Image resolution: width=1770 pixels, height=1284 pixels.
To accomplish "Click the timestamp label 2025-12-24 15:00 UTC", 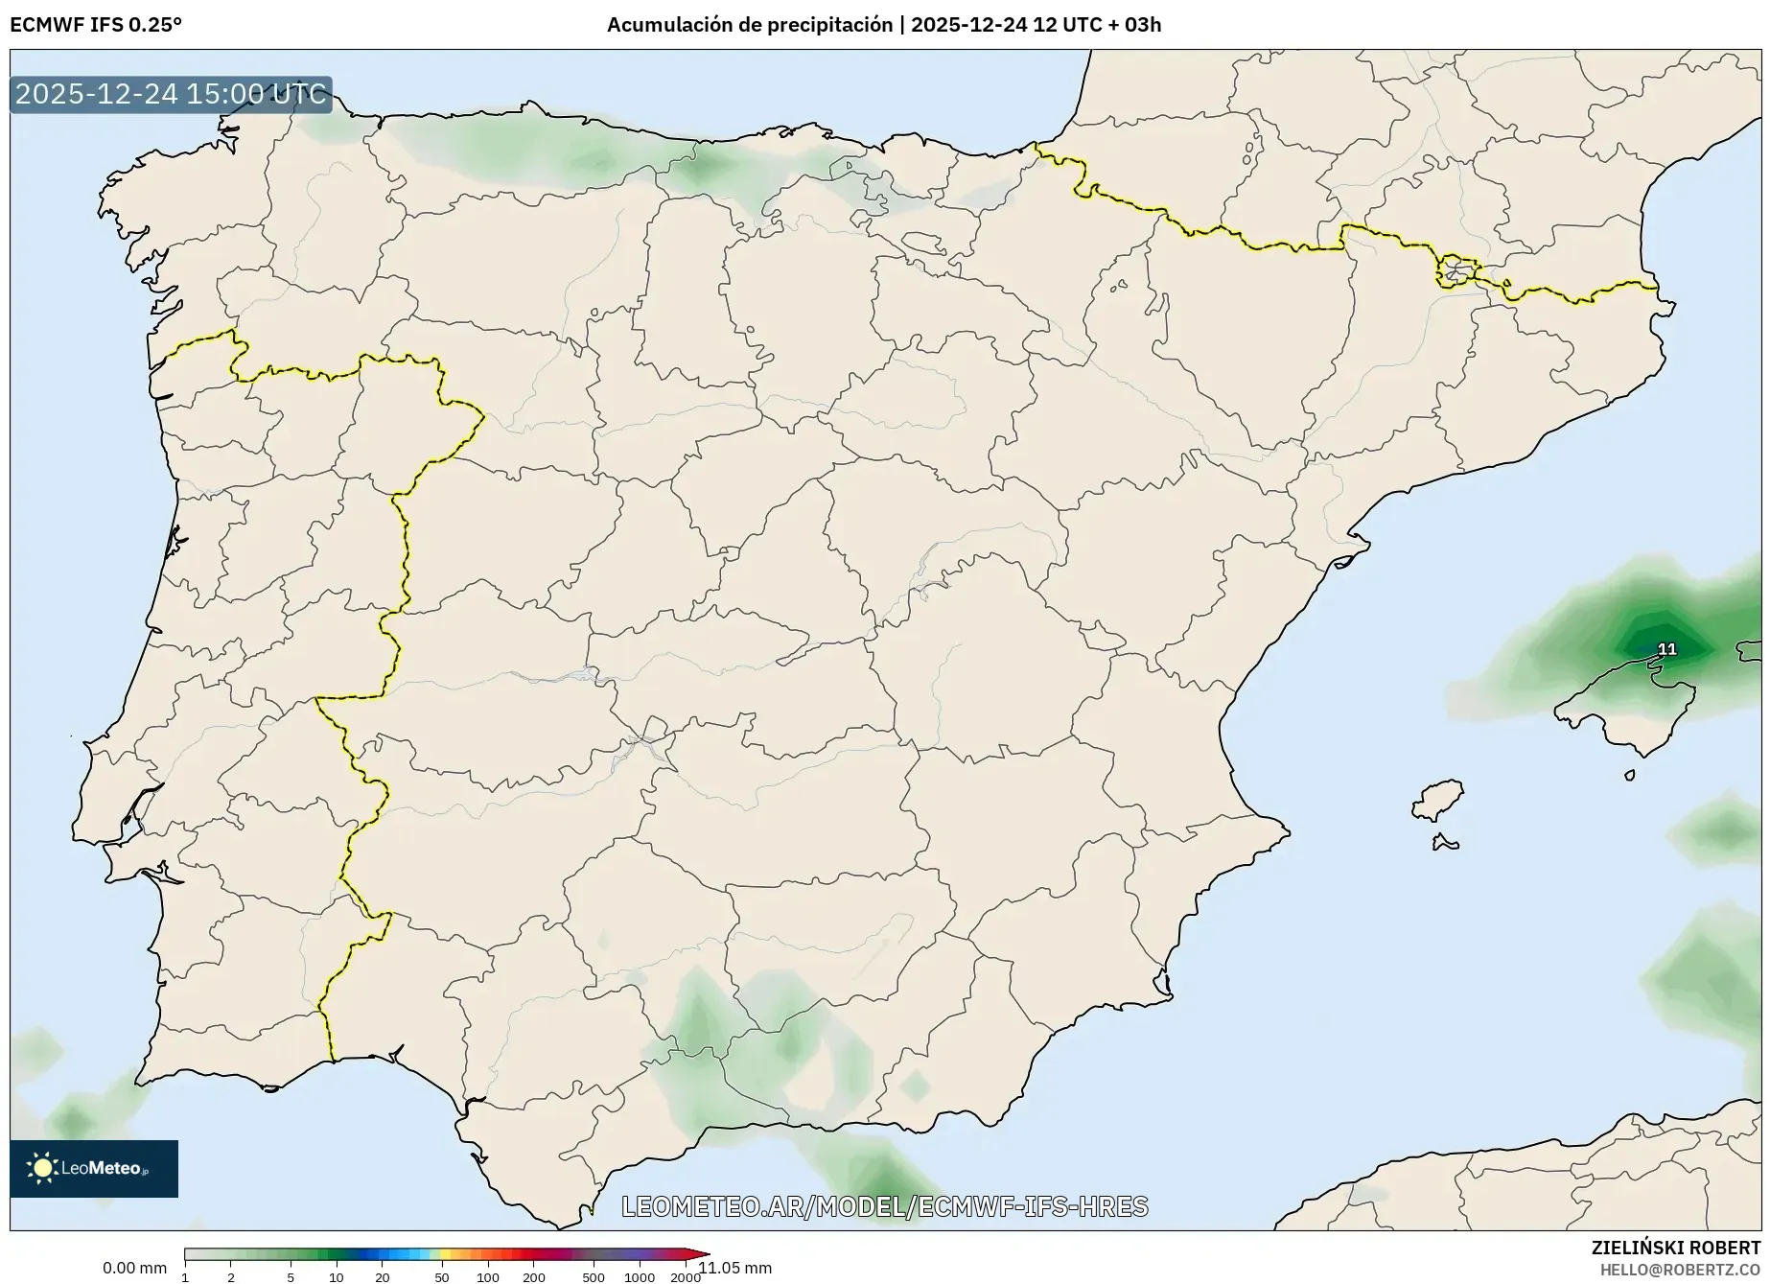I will click(x=171, y=94).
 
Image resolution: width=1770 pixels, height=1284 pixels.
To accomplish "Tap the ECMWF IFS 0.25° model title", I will click(x=96, y=25).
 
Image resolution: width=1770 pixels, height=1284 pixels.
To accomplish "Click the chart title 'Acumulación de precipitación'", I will click(x=749, y=25).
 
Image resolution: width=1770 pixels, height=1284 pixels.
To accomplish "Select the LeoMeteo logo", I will click(x=94, y=1168).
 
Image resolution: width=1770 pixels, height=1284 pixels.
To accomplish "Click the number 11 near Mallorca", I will click(x=1667, y=649).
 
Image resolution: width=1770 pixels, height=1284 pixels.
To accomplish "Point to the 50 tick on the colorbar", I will click(x=442, y=1276).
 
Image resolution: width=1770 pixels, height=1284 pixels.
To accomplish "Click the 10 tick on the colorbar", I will click(x=337, y=1276).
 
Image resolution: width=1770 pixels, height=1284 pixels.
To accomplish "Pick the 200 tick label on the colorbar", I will click(x=534, y=1276).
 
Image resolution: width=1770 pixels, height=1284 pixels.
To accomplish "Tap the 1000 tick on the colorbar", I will click(x=640, y=1276).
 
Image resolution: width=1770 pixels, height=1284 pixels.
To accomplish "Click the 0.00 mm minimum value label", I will click(x=134, y=1268).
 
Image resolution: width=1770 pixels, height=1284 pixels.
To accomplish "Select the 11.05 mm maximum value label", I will click(x=735, y=1268).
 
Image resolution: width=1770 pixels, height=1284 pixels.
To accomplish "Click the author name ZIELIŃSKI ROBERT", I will click(x=1675, y=1248).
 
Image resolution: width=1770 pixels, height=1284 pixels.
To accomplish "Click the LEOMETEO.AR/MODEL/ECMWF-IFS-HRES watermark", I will click(x=884, y=1206).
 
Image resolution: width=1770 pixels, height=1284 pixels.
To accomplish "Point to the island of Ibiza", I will click(x=1438, y=800).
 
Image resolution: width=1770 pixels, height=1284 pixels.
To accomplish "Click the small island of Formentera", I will click(x=1445, y=843).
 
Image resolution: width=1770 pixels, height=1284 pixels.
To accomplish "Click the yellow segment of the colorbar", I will click(x=444, y=1253).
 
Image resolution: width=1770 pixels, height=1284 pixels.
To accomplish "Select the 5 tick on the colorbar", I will click(x=291, y=1276).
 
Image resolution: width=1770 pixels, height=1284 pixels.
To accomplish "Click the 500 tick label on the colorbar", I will click(x=594, y=1276).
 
